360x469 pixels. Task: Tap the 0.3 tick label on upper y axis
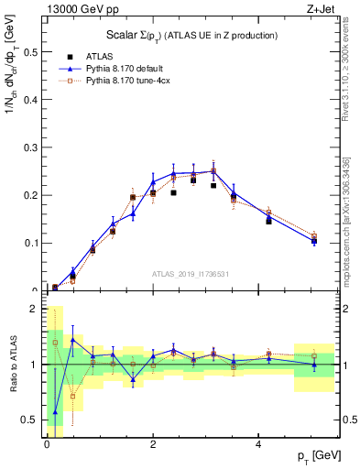click(32, 147)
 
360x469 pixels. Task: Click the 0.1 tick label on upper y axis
click(32, 243)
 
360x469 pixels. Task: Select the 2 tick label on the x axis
click(153, 444)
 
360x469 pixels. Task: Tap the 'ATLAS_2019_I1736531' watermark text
click(193, 274)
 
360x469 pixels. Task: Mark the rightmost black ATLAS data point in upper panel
click(313, 242)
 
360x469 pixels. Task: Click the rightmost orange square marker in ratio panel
click(313, 355)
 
